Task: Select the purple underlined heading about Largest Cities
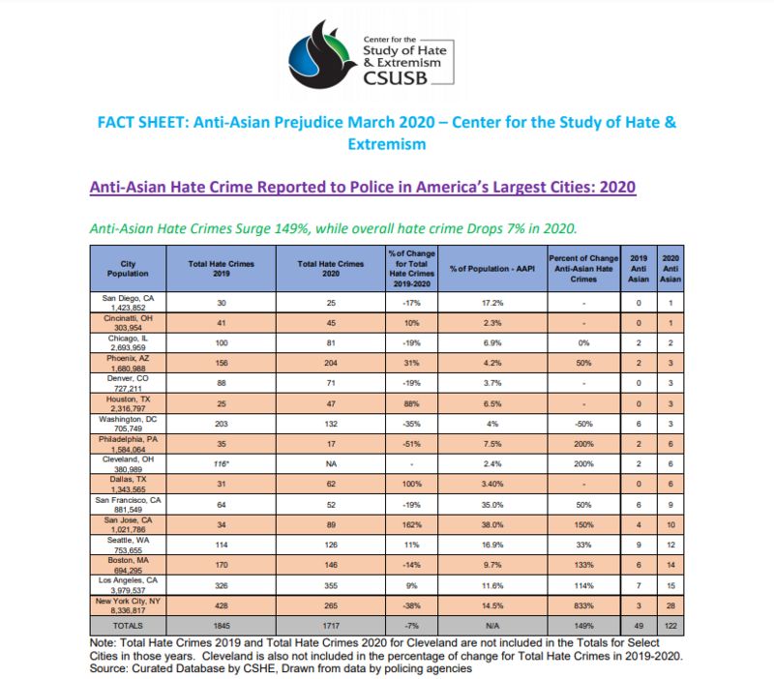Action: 363,187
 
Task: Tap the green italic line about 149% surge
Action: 334,228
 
